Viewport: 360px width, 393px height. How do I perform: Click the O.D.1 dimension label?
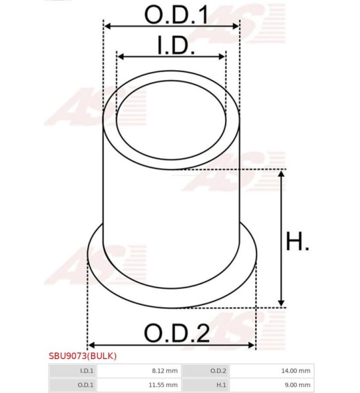pyautogui.click(x=176, y=15)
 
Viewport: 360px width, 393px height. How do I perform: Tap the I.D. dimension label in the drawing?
pyautogui.click(x=176, y=45)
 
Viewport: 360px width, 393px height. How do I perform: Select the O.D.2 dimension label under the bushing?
pyautogui.click(x=177, y=333)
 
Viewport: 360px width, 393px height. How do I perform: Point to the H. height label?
pyautogui.click(x=298, y=241)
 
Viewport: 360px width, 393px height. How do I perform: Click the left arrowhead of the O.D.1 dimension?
pyautogui.click(x=108, y=26)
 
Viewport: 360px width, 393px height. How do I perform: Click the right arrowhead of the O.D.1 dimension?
pyautogui.click(x=235, y=26)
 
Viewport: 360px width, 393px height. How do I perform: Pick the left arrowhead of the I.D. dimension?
pyautogui.click(x=121, y=56)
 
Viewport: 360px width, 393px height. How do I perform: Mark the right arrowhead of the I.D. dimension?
pyautogui.click(x=222, y=56)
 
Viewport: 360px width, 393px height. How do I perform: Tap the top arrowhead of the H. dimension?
pyautogui.click(x=281, y=174)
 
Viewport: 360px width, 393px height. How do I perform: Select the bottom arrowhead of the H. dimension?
pyautogui.click(x=281, y=303)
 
